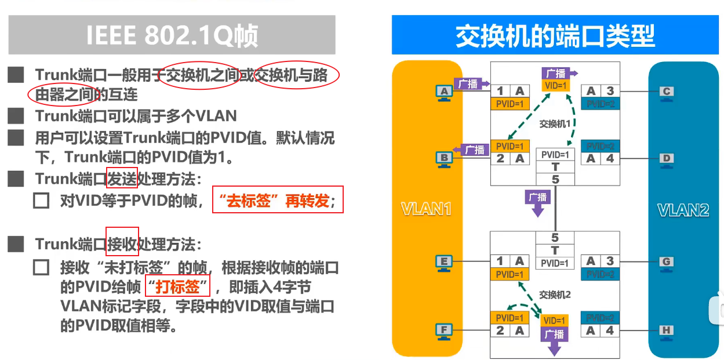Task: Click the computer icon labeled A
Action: (x=444, y=92)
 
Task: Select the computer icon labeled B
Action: (x=444, y=158)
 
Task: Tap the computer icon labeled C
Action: (x=667, y=92)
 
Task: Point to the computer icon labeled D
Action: (x=667, y=158)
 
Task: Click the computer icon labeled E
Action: (x=444, y=262)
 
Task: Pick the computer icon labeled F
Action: (x=444, y=331)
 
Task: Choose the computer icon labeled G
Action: (x=667, y=262)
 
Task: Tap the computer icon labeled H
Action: (x=667, y=331)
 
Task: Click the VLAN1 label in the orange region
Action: (x=427, y=209)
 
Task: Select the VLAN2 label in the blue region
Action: (x=683, y=209)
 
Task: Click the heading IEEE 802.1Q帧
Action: (x=172, y=35)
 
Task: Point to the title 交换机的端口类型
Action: (x=555, y=36)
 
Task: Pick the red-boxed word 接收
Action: (x=122, y=243)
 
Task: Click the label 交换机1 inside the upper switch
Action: (x=555, y=123)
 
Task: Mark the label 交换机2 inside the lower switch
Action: (x=555, y=294)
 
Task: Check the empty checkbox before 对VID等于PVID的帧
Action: (x=41, y=201)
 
